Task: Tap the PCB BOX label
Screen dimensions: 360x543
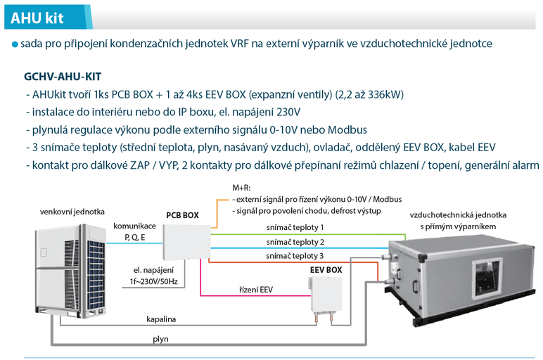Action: (x=182, y=215)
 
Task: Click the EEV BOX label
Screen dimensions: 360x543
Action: (x=326, y=269)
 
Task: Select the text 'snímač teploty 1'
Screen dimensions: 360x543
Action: (x=295, y=228)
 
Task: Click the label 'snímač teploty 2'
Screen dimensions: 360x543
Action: (x=295, y=242)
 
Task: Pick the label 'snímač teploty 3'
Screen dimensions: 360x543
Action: (x=295, y=255)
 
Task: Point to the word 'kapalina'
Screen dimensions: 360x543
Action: (x=161, y=319)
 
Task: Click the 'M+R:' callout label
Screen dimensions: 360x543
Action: (x=241, y=188)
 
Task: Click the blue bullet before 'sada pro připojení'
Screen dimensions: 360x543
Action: (x=15, y=44)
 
